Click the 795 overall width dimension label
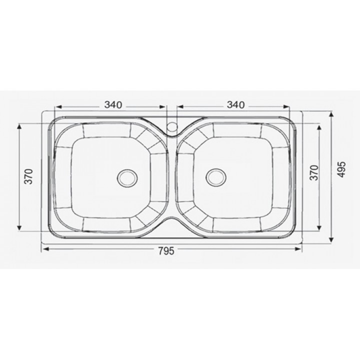pyautogui.click(x=166, y=250)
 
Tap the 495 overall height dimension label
pyautogui.click(x=341, y=169)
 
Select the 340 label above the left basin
pyautogui.click(x=113, y=104)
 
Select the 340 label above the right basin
pyautogui.click(x=236, y=104)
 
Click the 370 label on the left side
pyautogui.click(x=29, y=176)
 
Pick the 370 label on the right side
pyautogui.click(x=314, y=172)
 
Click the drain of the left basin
pyautogui.click(x=127, y=178)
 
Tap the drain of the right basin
pyautogui.click(x=216, y=177)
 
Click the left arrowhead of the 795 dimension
pyautogui.click(x=45, y=249)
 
